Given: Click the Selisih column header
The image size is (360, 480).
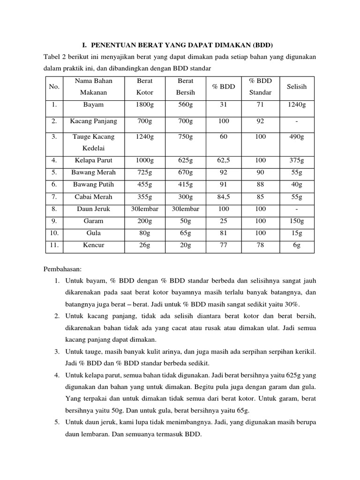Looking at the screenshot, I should click(x=296, y=87).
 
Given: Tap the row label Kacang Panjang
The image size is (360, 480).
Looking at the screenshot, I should click(x=93, y=121).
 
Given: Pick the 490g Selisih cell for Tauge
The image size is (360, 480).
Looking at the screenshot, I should click(x=296, y=137).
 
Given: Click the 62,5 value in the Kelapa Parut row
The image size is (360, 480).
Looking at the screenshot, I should click(x=224, y=160).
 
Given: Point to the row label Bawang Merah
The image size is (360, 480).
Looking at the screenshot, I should click(x=93, y=172).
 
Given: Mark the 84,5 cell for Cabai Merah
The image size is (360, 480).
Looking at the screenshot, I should click(x=224, y=197).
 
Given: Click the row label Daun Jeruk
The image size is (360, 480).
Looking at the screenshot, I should click(x=93, y=209).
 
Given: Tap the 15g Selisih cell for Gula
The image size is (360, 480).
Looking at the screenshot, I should click(x=296, y=233).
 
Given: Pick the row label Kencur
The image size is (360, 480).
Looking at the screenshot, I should click(x=93, y=245).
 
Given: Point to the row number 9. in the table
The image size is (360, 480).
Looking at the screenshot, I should click(x=54, y=221).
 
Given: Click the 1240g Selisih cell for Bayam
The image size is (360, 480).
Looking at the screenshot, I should click(x=296, y=105).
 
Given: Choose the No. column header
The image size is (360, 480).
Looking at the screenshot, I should click(x=54, y=87).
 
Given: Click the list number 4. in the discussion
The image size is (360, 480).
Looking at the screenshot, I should click(x=56, y=375).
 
